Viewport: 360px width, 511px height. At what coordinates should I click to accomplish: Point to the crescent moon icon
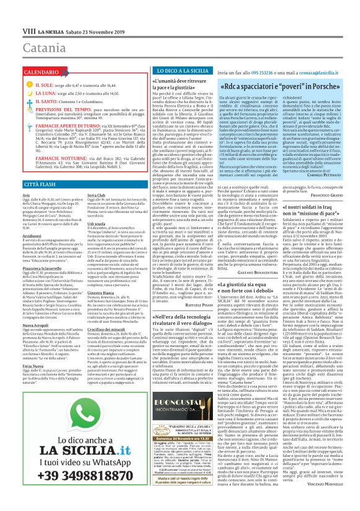[14, 92]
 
